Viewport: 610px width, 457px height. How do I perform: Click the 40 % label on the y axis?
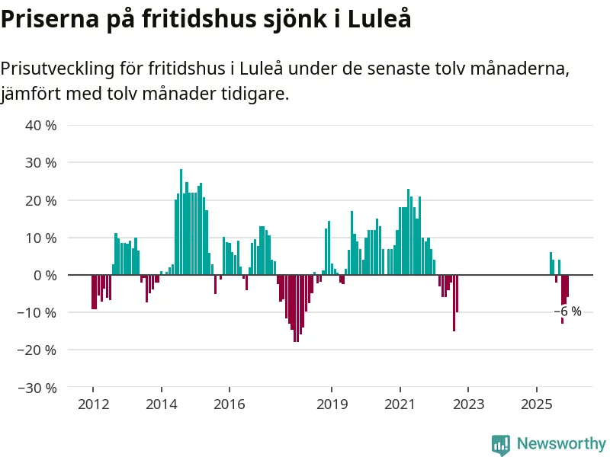click(41, 125)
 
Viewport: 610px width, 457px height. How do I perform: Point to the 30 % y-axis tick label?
click(41, 162)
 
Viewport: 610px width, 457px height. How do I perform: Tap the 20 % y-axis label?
click(41, 200)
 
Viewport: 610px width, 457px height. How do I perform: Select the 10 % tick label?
click(41, 238)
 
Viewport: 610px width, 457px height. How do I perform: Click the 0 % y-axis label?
click(45, 275)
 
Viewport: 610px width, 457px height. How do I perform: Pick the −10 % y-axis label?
click(38, 312)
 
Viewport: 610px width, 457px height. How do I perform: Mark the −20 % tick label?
click(38, 350)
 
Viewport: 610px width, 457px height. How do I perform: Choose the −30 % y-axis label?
click(38, 388)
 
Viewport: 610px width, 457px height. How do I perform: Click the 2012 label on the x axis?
click(92, 404)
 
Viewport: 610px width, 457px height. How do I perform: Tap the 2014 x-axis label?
click(161, 404)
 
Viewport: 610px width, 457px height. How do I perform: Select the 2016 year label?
click(230, 404)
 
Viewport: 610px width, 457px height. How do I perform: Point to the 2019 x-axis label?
click(332, 404)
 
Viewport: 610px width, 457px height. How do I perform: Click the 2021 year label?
click(400, 404)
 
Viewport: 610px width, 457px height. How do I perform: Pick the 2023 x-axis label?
click(468, 404)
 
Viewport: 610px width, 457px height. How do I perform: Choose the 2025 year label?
click(537, 404)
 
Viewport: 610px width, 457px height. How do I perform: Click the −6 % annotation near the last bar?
click(567, 312)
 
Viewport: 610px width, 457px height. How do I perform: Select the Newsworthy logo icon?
click(501, 445)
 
